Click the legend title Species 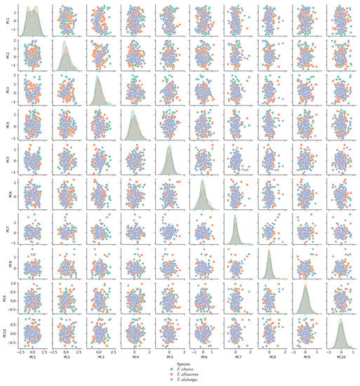(x=185, y=364)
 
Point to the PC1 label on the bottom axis (x=32, y=357)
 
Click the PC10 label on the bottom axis (x=341, y=357)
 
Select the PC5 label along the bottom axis (x=169, y=357)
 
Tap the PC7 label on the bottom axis (x=238, y=357)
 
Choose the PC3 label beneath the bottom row (x=100, y=357)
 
